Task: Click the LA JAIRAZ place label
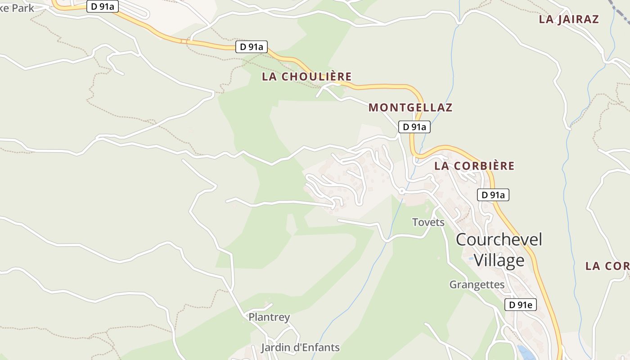pos(569,19)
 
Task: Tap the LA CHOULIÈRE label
pos(306,76)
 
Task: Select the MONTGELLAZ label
pos(410,108)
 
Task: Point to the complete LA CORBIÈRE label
pos(474,166)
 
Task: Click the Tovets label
pos(428,222)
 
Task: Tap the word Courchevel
pos(499,239)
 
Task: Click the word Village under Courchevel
pos(499,261)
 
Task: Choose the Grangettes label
pos(477,285)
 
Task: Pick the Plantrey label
pos(269,317)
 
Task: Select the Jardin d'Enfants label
pos(300,348)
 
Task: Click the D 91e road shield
pos(521,305)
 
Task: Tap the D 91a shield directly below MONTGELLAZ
pos(414,127)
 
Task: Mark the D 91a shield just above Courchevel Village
pos(493,195)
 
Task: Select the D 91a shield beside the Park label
pos(102,7)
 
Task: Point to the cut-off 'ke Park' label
pos(17,8)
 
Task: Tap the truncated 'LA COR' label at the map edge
pos(607,266)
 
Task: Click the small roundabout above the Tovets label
pos(401,192)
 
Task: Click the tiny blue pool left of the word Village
pos(470,259)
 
